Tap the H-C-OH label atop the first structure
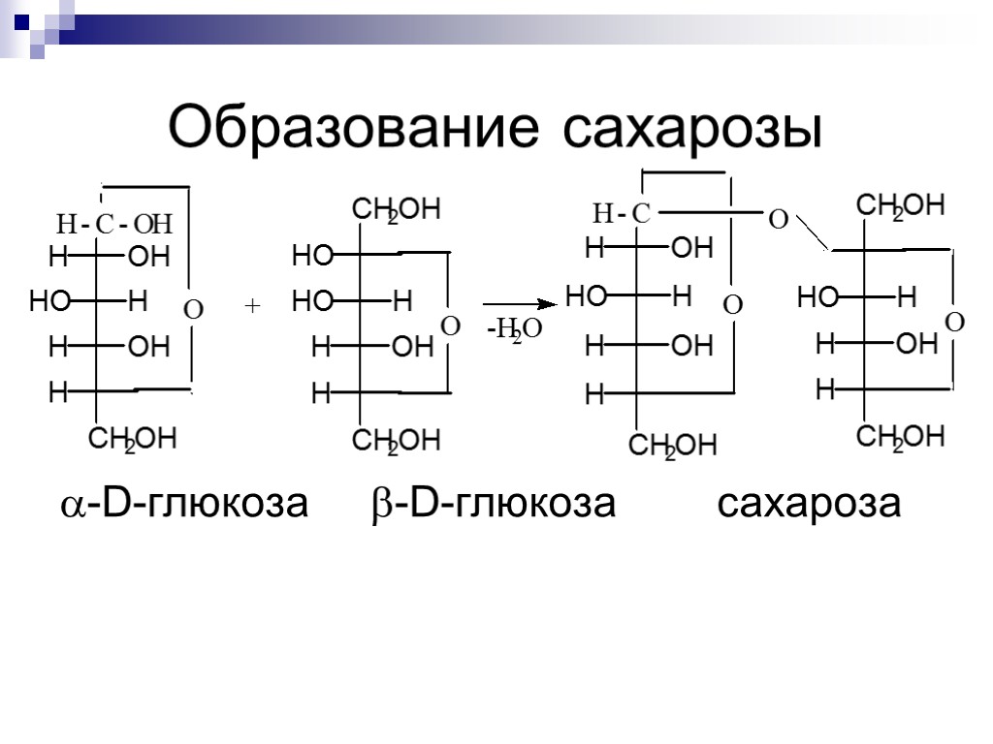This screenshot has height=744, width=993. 113,226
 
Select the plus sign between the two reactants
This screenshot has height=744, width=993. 253,306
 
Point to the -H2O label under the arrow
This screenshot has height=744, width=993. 514,332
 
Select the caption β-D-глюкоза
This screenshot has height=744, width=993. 493,505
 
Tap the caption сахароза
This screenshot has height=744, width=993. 809,505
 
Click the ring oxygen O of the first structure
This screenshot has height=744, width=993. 193,310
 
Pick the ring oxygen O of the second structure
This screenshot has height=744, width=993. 450,327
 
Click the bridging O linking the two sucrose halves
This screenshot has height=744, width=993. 777,221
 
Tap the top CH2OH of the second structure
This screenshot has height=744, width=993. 395,210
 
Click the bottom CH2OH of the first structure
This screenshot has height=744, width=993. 133,441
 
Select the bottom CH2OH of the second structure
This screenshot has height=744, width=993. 396,443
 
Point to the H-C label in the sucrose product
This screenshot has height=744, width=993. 622,213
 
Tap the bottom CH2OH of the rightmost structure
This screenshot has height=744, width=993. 901,438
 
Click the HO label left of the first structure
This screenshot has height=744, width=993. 48,302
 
